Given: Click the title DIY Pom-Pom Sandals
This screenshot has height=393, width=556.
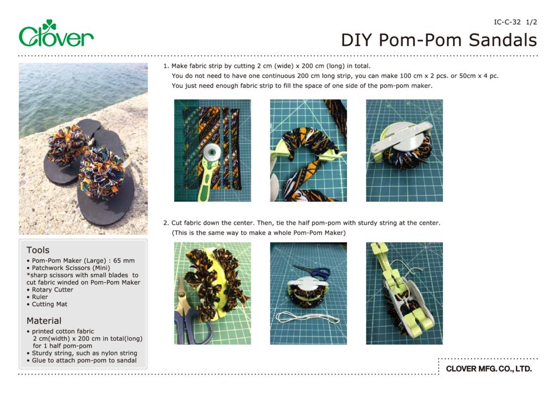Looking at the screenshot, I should pos(439,40).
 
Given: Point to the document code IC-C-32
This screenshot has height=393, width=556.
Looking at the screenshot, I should pos(507,22).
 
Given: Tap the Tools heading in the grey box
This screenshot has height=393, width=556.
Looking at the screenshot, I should pos(38,250).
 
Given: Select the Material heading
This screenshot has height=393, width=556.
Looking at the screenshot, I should pos(44,321).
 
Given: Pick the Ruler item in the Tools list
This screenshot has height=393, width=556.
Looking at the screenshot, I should pos(40,297).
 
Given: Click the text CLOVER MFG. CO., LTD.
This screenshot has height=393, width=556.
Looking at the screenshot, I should pos(489,369).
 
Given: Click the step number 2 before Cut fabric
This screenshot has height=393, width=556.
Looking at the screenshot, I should pos(166,223).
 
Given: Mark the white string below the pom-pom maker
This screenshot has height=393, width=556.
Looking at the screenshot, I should pos(307,318).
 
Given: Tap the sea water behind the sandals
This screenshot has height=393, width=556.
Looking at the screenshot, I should pos(81,92).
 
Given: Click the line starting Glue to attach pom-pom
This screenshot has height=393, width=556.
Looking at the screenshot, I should pos(84,360).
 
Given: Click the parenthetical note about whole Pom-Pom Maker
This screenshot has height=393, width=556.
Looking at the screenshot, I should pos(258,233).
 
